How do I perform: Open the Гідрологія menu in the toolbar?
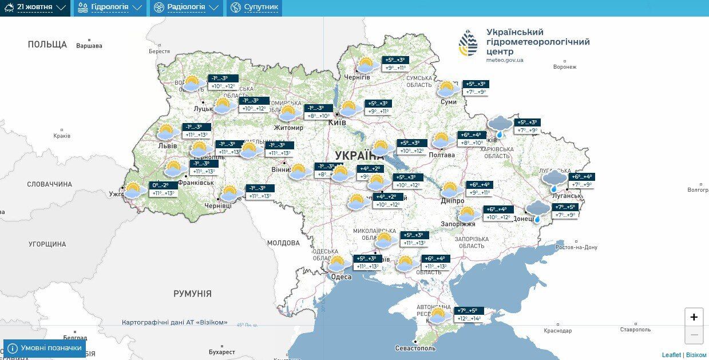tap(109, 7)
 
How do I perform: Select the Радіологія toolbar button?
tap(185, 7)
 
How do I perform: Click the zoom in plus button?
tap(694, 317)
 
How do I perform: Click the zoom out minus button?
tap(694, 334)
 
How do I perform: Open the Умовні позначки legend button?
tap(45, 348)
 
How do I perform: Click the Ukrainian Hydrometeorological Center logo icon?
tap(468, 43)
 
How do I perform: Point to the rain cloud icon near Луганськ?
tap(554, 180)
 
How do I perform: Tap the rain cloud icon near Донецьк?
tap(537, 211)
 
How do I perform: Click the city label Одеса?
tap(341, 277)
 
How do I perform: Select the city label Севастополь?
tap(415, 348)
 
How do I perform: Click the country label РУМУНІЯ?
tap(192, 294)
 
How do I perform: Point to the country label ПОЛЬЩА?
tap(47, 44)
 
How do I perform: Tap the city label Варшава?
tap(89, 46)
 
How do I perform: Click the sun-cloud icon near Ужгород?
tap(133, 190)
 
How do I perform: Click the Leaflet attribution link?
tap(671, 355)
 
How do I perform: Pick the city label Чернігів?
tap(357, 77)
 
